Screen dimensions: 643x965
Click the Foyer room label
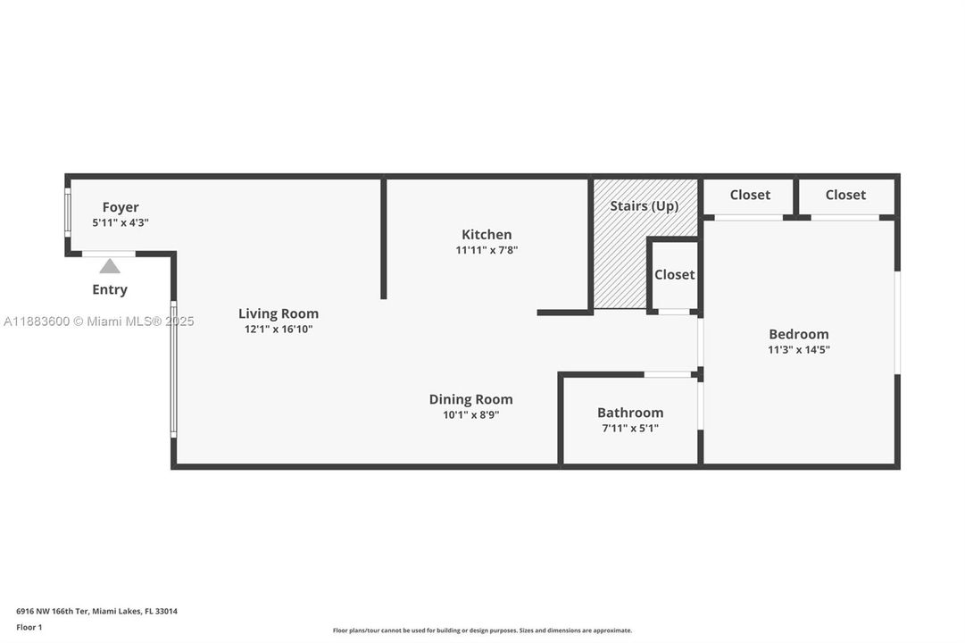click(x=120, y=207)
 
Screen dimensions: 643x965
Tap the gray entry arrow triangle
click(x=110, y=266)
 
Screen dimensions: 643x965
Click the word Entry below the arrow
click(x=110, y=289)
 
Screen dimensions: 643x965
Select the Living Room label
click(x=278, y=313)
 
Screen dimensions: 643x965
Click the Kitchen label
click(x=487, y=234)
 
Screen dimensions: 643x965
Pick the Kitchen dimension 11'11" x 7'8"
click(x=487, y=251)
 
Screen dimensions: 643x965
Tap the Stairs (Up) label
click(x=644, y=206)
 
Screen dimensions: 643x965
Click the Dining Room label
click(x=470, y=399)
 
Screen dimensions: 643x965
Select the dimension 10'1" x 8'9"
click(x=470, y=415)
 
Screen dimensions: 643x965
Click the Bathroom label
click(x=630, y=413)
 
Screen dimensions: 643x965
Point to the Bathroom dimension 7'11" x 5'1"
click(x=630, y=429)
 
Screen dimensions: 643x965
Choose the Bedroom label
click(x=799, y=334)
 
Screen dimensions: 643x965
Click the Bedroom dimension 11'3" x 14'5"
click(x=799, y=350)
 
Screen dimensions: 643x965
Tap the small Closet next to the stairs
click(x=674, y=275)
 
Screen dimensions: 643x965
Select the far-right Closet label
click(x=845, y=195)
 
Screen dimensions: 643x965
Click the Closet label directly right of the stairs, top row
click(x=750, y=195)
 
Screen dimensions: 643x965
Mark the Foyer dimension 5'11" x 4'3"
click(x=120, y=223)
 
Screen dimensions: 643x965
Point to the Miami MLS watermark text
click(x=98, y=321)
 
